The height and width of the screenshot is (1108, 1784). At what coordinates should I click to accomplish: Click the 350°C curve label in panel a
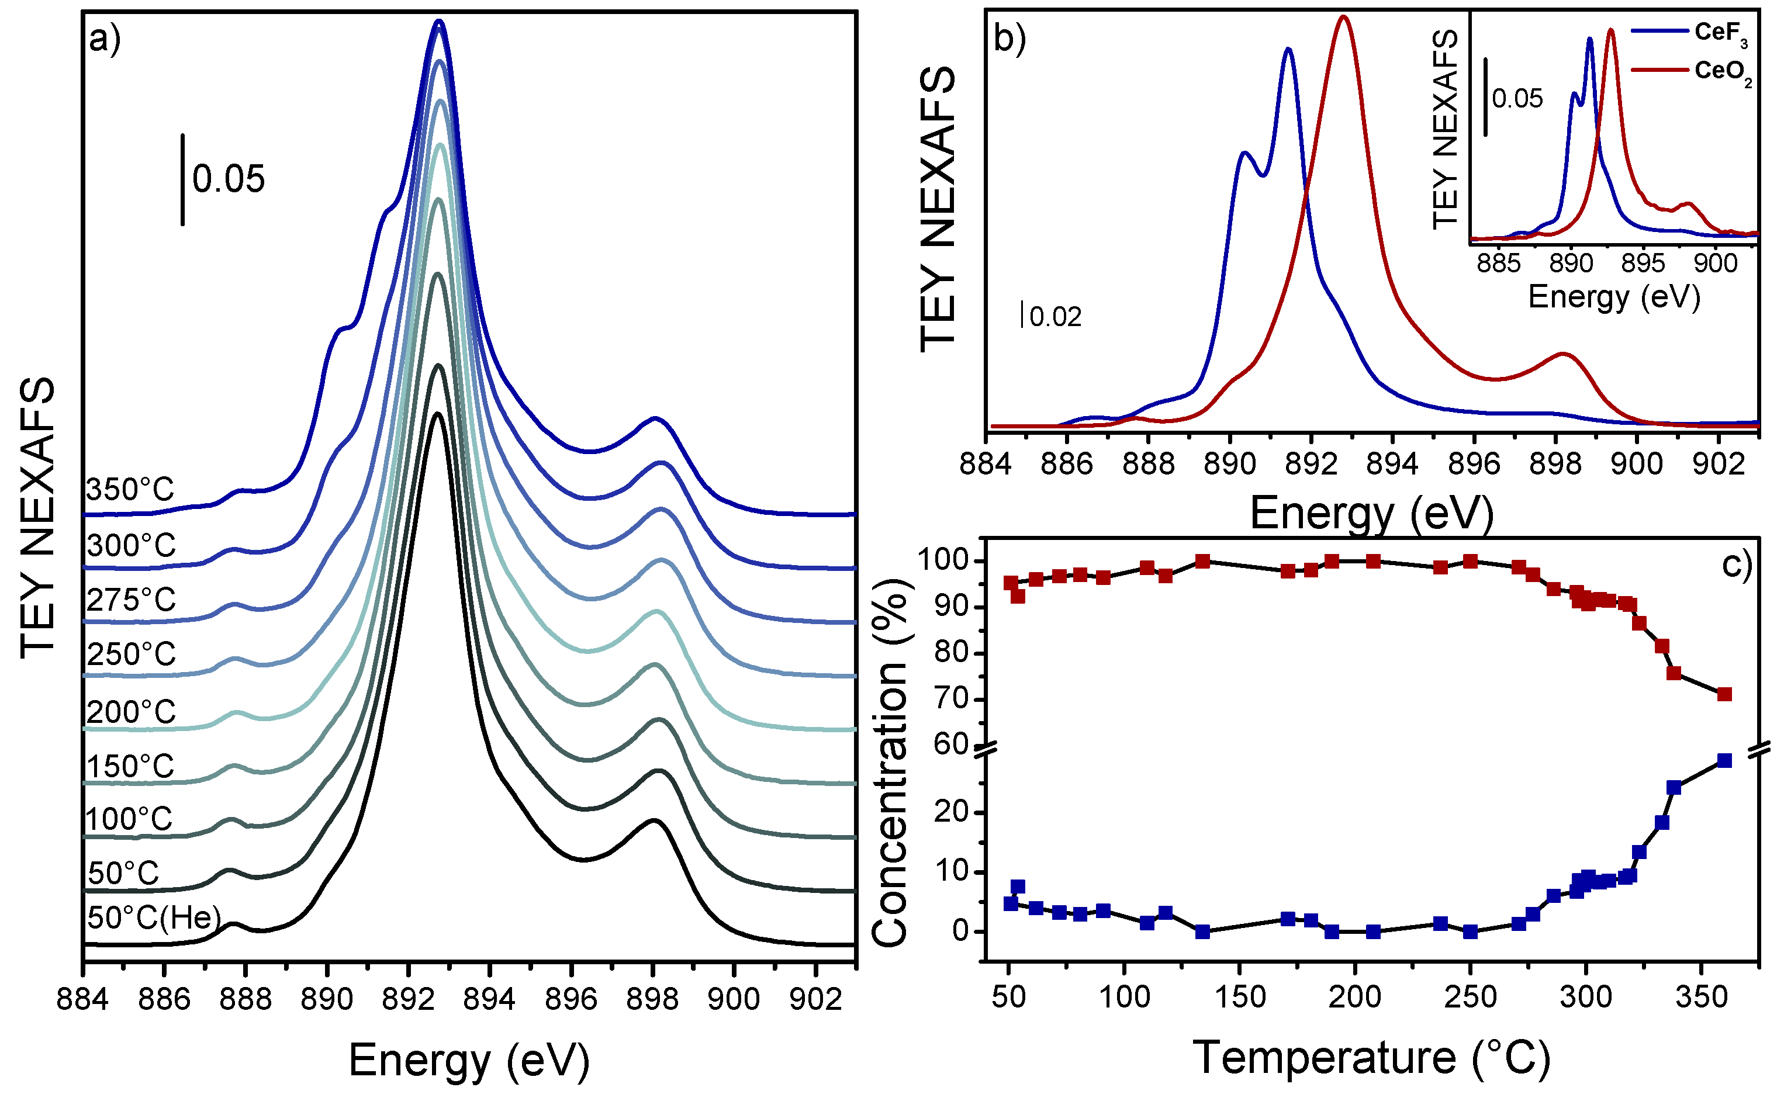[x=130, y=490]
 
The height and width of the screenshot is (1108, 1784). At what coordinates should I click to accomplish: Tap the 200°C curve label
[x=131, y=712]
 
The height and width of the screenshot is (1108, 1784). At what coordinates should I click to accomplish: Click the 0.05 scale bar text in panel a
[x=228, y=179]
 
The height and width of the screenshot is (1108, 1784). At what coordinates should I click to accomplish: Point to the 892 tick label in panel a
[x=408, y=999]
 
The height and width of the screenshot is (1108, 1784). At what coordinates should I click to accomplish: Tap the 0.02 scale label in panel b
[x=1055, y=317]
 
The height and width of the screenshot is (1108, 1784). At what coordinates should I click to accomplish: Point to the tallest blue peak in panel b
[x=1288, y=50]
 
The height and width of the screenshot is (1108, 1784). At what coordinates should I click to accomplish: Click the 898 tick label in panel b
[x=1555, y=464]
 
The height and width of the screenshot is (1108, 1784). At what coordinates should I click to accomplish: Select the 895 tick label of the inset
[x=1643, y=264]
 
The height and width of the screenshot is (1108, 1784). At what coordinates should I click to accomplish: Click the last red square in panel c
[x=1724, y=694]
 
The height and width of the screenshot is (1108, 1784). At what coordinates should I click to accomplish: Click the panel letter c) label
[x=1735, y=565]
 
